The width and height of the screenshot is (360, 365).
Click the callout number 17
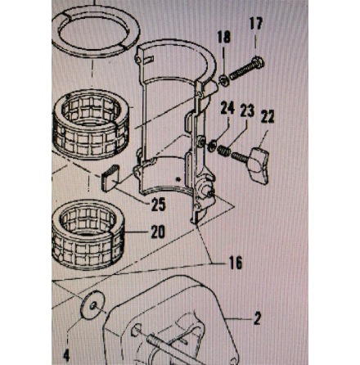click(x=255, y=24)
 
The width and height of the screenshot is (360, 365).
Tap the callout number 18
click(x=224, y=37)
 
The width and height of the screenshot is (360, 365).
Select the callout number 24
click(x=227, y=108)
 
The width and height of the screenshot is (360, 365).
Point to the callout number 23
click(x=247, y=111)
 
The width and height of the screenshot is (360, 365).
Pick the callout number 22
click(x=268, y=116)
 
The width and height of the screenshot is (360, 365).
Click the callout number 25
click(x=159, y=205)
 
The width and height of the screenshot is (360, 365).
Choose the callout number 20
click(x=158, y=232)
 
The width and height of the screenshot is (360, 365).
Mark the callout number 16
click(x=236, y=263)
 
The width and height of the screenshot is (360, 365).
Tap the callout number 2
click(x=257, y=318)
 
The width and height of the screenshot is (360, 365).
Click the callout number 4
click(x=66, y=356)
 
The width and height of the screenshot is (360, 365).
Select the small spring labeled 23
click(x=224, y=151)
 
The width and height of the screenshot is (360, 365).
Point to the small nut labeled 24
click(x=211, y=148)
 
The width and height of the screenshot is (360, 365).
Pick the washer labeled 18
click(x=224, y=81)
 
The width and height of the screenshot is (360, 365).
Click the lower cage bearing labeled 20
click(x=88, y=234)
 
